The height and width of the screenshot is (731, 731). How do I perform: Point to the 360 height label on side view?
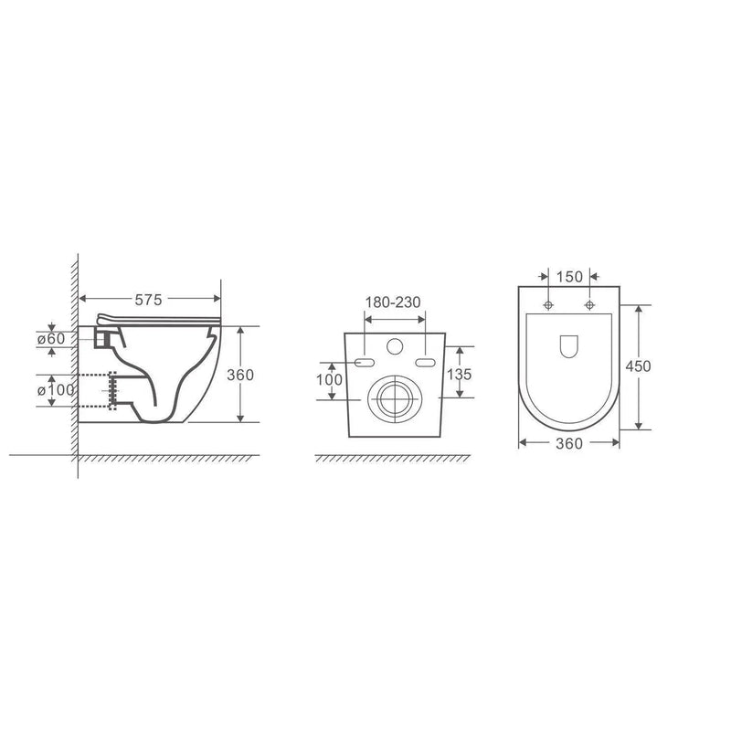[240, 375]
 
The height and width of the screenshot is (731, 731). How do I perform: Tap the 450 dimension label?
[640, 365]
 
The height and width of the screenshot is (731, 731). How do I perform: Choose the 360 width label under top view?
[568, 443]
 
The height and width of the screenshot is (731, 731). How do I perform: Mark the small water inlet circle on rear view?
[395, 347]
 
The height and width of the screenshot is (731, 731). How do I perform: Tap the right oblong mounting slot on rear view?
[426, 363]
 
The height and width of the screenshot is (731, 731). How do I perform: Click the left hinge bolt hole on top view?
[547, 303]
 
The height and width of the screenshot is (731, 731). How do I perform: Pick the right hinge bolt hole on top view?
[590, 303]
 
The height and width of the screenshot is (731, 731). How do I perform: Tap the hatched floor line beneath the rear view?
[393, 457]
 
